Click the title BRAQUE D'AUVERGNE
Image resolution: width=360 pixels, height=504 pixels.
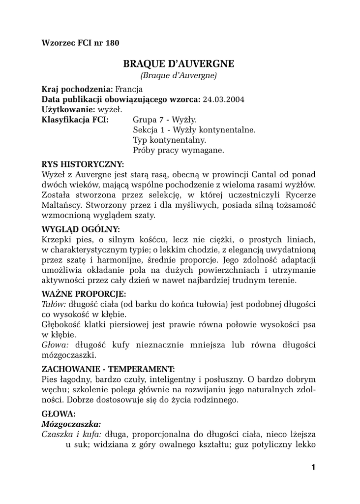tap(179, 63)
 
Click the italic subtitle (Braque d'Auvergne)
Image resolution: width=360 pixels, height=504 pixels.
tap(179, 76)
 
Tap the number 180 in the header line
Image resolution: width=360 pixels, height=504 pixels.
tap(112, 43)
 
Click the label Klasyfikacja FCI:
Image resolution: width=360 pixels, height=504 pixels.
tap(75, 120)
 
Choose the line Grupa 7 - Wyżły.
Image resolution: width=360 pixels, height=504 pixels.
tap(165, 120)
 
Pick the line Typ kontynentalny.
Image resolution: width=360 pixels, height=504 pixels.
tap(169, 140)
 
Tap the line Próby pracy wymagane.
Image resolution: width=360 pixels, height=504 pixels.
tap(179, 151)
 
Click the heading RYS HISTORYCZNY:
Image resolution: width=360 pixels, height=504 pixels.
tap(83, 164)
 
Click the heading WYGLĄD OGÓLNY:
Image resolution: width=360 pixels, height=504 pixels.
tap(81, 229)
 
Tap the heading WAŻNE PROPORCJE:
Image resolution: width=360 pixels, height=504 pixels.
tap(84, 294)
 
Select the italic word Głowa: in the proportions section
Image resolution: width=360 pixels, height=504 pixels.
tap(53, 345)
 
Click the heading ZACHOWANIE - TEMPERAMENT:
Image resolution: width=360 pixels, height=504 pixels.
tap(108, 369)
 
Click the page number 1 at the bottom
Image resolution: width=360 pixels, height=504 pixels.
tap(313, 467)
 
